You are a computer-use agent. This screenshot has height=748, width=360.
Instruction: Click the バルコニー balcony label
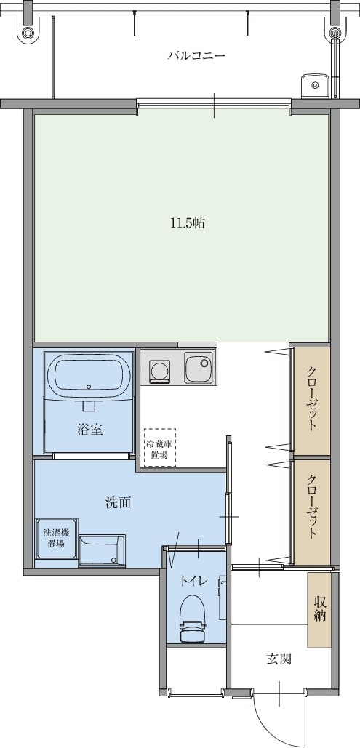pos(196,56)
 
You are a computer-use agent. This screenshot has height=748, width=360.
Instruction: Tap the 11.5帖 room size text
pos(188,222)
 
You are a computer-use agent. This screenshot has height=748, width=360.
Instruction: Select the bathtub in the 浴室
pos(88,375)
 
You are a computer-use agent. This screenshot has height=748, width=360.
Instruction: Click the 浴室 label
pos(89,430)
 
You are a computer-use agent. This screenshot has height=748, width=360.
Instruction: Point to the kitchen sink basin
pos(199,368)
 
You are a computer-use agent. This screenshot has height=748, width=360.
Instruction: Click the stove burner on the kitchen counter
pos(159,370)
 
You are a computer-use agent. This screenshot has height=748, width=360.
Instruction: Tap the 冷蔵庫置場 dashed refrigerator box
pos(160,447)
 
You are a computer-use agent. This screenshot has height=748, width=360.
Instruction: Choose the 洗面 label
pos(118,502)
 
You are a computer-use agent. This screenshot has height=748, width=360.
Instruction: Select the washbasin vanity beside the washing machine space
pos(102,550)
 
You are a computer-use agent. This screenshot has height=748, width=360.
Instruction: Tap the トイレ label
pos(193,581)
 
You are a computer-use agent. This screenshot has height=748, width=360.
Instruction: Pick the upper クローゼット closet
pos(311,401)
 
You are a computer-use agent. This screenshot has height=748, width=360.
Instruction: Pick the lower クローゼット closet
pos(311,512)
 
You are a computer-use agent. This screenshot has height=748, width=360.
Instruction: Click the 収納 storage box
pos(319,609)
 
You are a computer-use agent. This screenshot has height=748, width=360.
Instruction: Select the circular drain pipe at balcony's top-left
pos(28,33)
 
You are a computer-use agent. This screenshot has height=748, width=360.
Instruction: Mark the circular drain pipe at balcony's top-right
pos(337,33)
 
